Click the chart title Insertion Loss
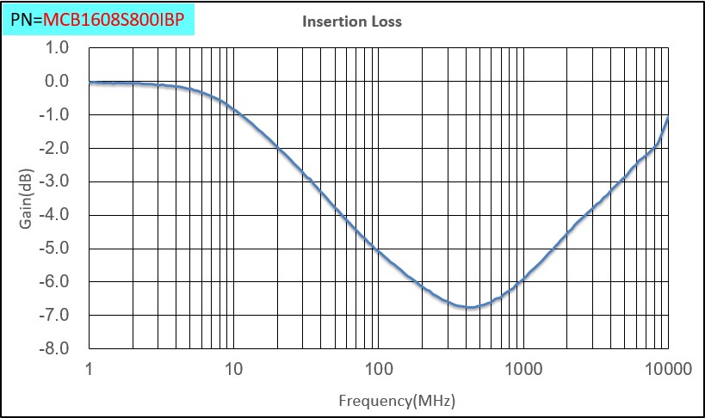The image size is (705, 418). (x=351, y=22)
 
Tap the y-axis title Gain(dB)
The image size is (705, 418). (x=27, y=200)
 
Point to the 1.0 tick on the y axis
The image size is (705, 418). (x=56, y=48)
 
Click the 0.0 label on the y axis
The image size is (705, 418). (x=56, y=82)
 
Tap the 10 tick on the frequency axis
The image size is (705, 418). (x=232, y=370)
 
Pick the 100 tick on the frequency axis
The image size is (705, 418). (x=377, y=370)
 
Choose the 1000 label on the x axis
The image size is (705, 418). (x=522, y=370)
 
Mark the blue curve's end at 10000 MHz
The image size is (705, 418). (x=667, y=118)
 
